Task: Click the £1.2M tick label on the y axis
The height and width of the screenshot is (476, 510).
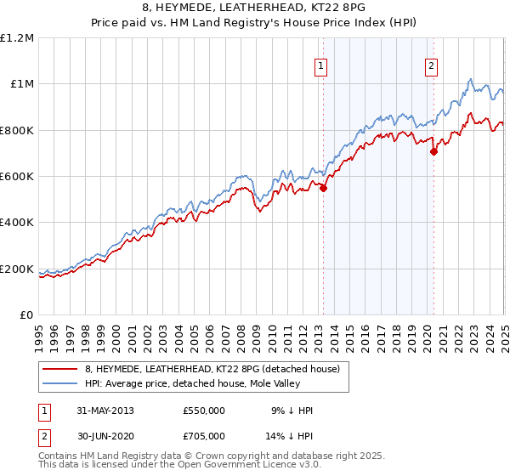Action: click(x=17, y=37)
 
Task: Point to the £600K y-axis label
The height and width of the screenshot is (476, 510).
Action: click(x=17, y=176)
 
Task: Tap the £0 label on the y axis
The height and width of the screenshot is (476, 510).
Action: click(x=27, y=315)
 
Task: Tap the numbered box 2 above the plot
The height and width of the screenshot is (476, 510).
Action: click(x=432, y=66)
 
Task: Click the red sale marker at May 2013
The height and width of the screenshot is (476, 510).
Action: click(x=323, y=189)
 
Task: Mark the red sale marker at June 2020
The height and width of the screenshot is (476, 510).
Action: click(x=433, y=152)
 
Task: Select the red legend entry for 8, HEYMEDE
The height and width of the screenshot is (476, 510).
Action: click(x=212, y=368)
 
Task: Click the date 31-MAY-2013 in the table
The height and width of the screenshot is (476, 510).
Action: click(x=105, y=411)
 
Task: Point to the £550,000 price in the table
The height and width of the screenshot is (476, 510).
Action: click(x=204, y=411)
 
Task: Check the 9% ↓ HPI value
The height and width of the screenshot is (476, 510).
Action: click(x=292, y=411)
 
